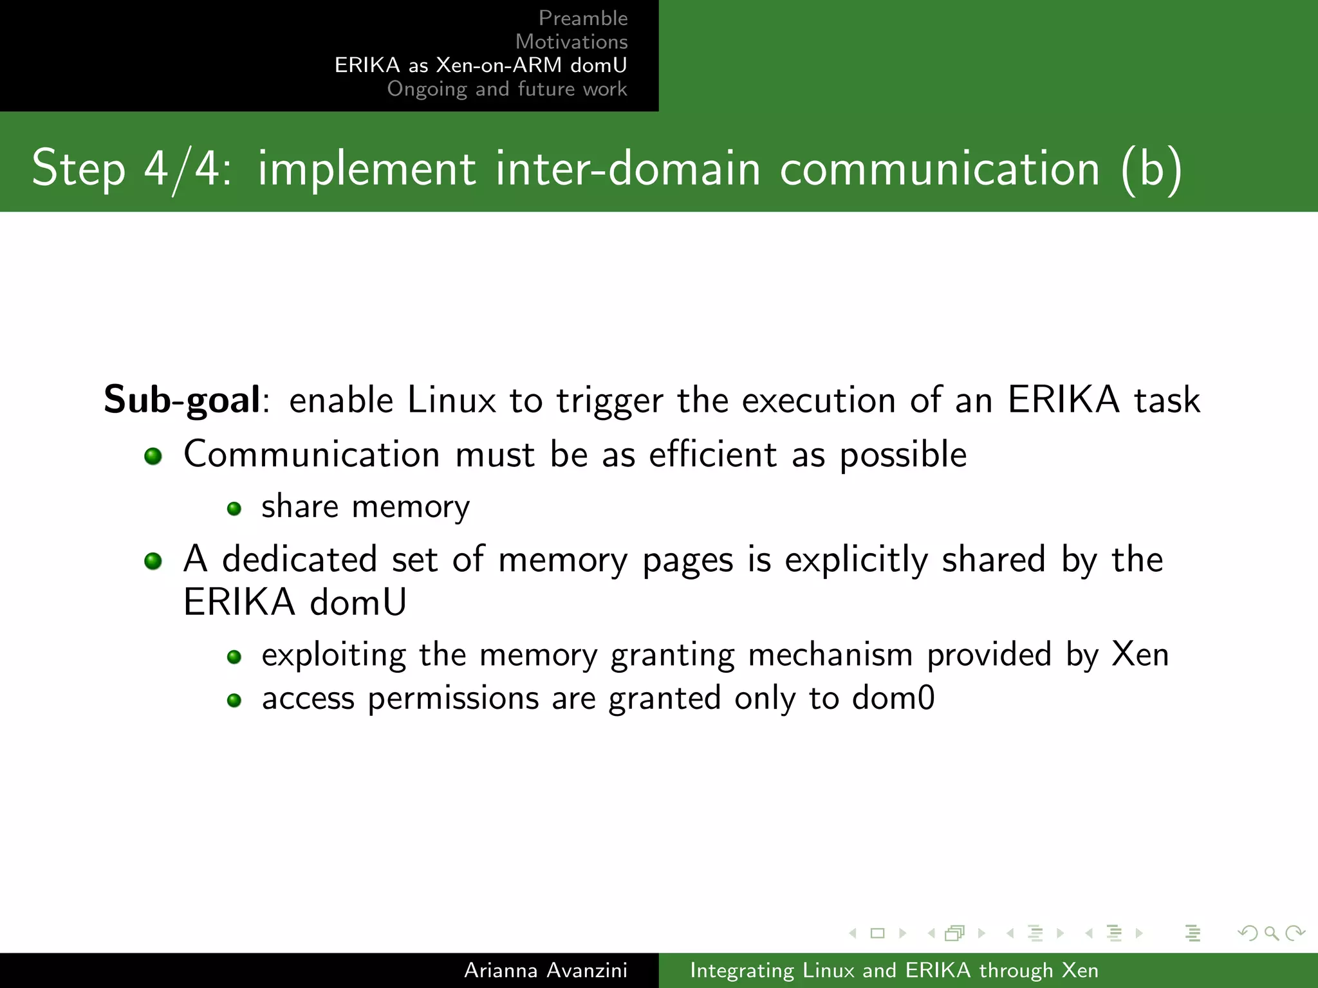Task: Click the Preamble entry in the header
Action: [x=583, y=18]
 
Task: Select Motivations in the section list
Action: [x=571, y=42]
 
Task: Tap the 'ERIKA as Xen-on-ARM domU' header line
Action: [x=481, y=65]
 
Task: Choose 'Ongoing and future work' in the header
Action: [x=507, y=89]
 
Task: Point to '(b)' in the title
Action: [x=1151, y=169]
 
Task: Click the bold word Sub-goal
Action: [x=182, y=399]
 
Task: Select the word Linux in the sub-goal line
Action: [x=452, y=400]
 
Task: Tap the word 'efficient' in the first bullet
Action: [x=713, y=455]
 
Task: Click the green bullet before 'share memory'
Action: [x=234, y=509]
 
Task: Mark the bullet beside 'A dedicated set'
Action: [x=153, y=561]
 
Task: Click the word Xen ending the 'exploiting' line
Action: [x=1140, y=655]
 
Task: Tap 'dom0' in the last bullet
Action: [x=893, y=699]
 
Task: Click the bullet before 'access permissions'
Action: [x=234, y=700]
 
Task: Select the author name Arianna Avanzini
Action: [x=546, y=970]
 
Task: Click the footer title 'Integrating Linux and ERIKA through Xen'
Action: [x=894, y=970]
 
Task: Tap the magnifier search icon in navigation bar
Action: [x=1272, y=933]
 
